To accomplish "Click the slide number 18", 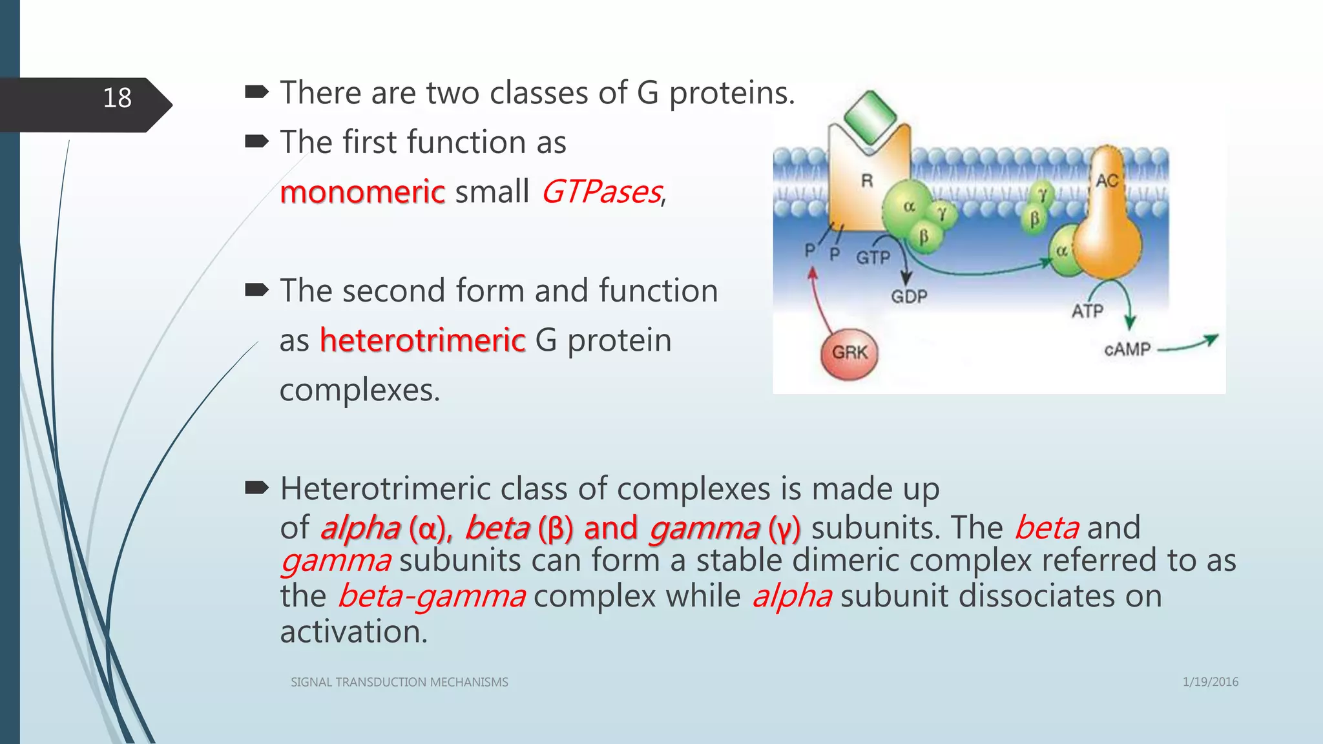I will pyautogui.click(x=117, y=98).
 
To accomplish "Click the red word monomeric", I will pyautogui.click(x=362, y=192).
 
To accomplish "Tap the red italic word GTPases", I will pyautogui.click(x=601, y=192).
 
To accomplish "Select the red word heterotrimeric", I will pyautogui.click(x=422, y=340).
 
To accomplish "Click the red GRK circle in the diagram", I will pyautogui.click(x=849, y=353).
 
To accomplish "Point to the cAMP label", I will pyautogui.click(x=1127, y=349).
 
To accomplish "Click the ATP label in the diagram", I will pyautogui.click(x=1087, y=311).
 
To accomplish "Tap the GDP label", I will pyautogui.click(x=909, y=296).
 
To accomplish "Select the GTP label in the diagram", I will pyautogui.click(x=873, y=258).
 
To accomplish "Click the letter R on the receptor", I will pyautogui.click(x=867, y=181).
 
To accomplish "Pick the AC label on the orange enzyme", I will pyautogui.click(x=1107, y=181).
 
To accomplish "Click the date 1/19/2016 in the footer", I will pyautogui.click(x=1210, y=682).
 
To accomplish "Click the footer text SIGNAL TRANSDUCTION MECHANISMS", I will pyautogui.click(x=399, y=682).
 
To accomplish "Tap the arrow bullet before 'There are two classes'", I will pyautogui.click(x=256, y=93).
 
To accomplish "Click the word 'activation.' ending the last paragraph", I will pyautogui.click(x=354, y=632).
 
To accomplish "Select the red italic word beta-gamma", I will pyautogui.click(x=431, y=596).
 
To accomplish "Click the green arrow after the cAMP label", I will pyautogui.click(x=1189, y=344).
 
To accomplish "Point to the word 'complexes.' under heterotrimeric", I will pyautogui.click(x=360, y=390).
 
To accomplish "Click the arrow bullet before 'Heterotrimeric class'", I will pyautogui.click(x=256, y=489).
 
